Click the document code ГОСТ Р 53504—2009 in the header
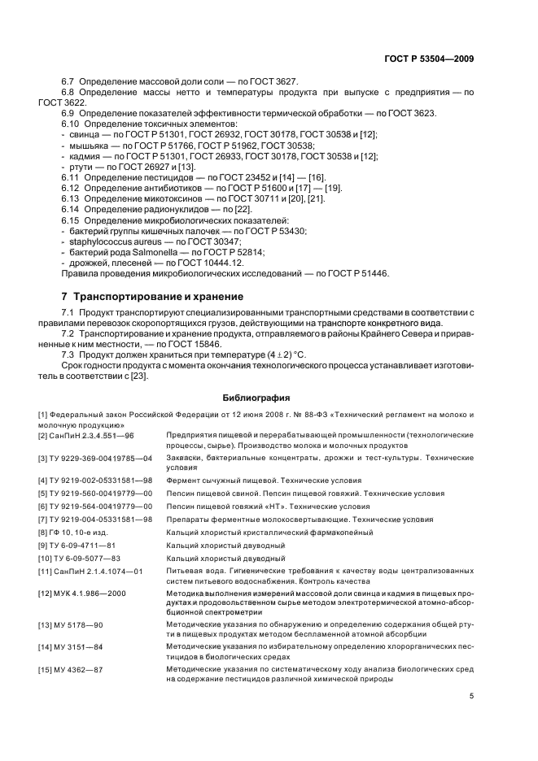[x=429, y=59]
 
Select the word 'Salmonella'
[x=149, y=251]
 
